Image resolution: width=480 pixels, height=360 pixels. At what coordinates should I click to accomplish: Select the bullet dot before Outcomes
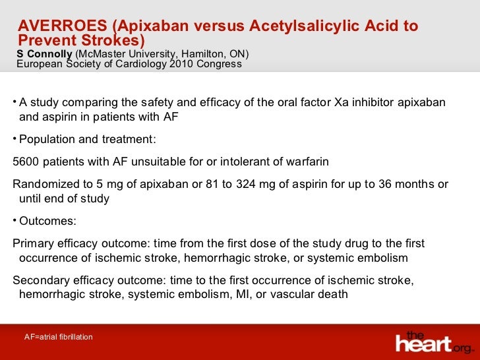[x=15, y=220]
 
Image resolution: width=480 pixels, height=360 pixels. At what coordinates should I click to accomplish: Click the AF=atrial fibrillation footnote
[x=58, y=337]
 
